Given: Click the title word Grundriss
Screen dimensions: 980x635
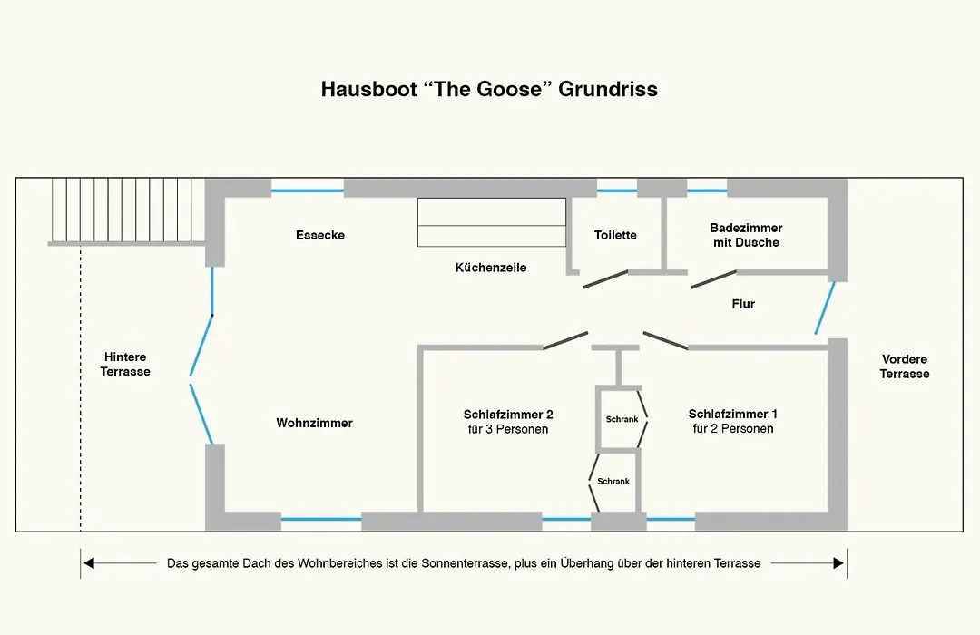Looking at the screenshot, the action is pos(607,89).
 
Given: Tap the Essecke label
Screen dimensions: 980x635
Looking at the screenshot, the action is pos(320,235).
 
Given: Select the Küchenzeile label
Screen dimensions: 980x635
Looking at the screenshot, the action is pos(491,268).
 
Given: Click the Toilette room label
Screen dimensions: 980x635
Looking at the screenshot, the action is pos(615,235).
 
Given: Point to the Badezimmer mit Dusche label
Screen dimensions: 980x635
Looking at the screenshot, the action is pos(746,235).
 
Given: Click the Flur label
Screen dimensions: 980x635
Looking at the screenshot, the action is pos(743,304).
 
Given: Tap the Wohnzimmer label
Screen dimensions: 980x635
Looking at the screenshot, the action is pos(314,423).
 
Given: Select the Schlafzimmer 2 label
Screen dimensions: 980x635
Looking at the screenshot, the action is pos(508,422).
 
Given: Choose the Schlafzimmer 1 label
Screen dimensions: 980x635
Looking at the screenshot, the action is pos(733,421).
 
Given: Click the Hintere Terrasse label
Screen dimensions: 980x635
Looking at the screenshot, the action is pos(125,364).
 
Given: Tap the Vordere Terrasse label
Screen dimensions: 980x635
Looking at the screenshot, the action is pos(905,366).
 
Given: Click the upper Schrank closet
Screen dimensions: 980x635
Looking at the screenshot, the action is pos(622,419).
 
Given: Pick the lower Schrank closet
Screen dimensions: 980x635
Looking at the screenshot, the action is pos(613,482).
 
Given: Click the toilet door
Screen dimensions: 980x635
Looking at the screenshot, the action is pos(605,279).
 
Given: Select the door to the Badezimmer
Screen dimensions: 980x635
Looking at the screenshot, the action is pos(714,279).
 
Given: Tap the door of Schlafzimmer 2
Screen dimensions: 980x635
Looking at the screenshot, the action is pos(565,340).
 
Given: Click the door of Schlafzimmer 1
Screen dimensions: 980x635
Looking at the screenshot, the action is pos(666,340).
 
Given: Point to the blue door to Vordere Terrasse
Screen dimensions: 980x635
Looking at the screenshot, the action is pos(825,308).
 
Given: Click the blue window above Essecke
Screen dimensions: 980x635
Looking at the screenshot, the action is pos(308,190).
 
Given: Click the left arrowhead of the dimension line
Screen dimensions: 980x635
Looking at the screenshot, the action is pos(89,563).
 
